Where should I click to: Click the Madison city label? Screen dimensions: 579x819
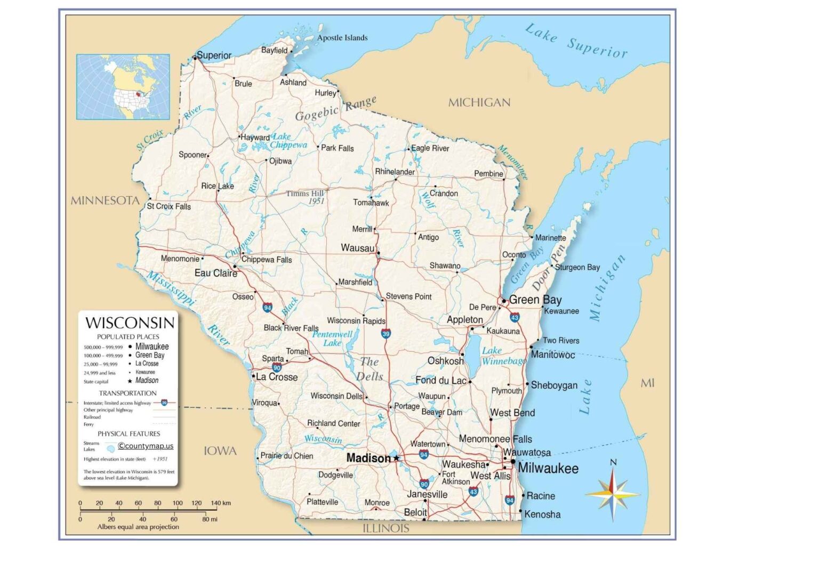pos(368,458)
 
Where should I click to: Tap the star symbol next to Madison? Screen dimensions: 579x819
pos(396,458)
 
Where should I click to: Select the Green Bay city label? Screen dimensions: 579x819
pos(535,300)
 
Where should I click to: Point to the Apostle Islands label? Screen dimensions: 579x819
pos(342,38)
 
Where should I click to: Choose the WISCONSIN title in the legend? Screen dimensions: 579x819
pos(130,323)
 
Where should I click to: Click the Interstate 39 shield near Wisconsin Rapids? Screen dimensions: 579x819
pos(386,334)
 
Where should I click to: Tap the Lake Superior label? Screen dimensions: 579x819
pos(576,41)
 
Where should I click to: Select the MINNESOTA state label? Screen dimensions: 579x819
pos(105,201)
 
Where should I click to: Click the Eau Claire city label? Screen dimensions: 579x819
pos(215,273)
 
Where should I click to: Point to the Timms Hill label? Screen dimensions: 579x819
pos(305,194)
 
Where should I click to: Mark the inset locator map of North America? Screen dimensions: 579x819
pos(123,87)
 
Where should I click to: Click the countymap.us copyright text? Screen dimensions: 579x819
pos(146,446)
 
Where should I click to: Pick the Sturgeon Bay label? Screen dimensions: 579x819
pos(577,267)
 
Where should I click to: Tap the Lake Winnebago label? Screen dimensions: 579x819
pos(503,356)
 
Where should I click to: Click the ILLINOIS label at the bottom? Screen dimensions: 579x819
pos(386,528)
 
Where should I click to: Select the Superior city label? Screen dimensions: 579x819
pos(214,55)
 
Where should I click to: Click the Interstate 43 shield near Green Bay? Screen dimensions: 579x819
pos(515,318)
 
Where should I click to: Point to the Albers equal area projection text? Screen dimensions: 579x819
pos(138,527)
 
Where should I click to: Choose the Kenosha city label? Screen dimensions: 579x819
pos(542,514)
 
